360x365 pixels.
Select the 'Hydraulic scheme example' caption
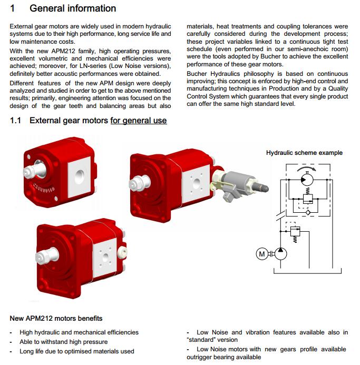tap(304, 153)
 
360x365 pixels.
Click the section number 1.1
tap(15, 121)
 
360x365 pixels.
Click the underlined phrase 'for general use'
tap(138, 121)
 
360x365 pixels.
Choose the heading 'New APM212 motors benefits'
tap(56, 319)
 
